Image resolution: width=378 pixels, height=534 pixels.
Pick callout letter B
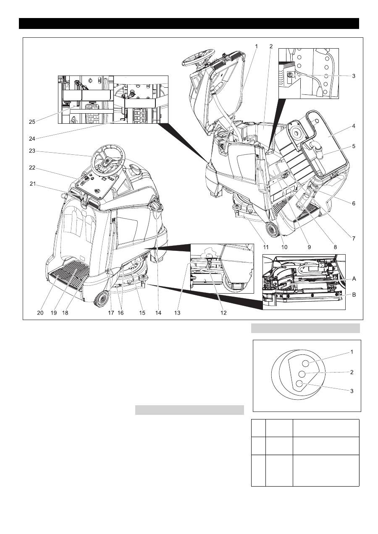coord(354,295)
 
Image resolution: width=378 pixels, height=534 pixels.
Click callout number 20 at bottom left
coord(40,313)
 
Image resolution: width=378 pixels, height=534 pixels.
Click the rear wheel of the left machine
coord(101,299)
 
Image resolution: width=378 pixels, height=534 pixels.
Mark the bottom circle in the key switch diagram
coord(299,383)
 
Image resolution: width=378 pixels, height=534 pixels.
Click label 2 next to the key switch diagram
coord(352,372)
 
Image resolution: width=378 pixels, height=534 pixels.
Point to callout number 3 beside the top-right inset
coord(354,76)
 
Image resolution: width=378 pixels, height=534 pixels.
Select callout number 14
coord(157,313)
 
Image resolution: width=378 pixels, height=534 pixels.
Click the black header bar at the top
coord(189,23)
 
